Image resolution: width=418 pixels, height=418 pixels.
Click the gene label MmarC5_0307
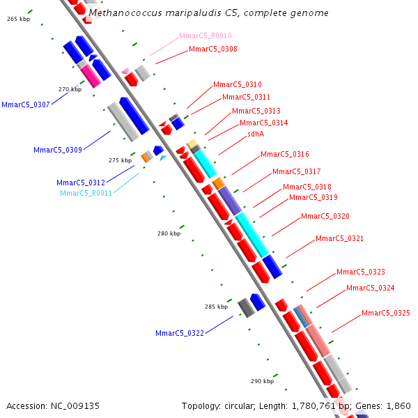coord(26,104)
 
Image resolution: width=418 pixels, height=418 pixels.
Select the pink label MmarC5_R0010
coord(206,36)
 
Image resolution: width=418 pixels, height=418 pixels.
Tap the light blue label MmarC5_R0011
coord(86,193)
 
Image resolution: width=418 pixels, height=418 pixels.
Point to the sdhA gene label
coord(256,134)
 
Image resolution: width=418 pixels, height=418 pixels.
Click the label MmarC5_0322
coord(180,333)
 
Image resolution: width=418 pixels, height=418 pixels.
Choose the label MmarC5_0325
coord(386,313)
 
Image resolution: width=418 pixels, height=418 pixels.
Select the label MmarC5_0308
coord(212,49)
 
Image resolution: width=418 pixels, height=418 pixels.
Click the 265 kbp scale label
coord(18,19)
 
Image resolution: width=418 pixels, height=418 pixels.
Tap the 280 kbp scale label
coord(169,233)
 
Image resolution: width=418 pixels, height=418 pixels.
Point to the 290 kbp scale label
coord(262,381)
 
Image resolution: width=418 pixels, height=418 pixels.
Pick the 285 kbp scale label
coord(216,307)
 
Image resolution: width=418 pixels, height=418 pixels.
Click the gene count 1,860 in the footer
coord(398,405)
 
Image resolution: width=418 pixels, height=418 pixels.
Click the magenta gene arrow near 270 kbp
coord(91,76)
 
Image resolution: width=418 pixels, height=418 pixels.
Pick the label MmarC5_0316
coord(284,154)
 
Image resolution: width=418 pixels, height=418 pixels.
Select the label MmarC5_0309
coord(58,150)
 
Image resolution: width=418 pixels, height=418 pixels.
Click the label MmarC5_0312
coord(81,183)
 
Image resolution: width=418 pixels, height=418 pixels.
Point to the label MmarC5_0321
coord(339,238)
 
